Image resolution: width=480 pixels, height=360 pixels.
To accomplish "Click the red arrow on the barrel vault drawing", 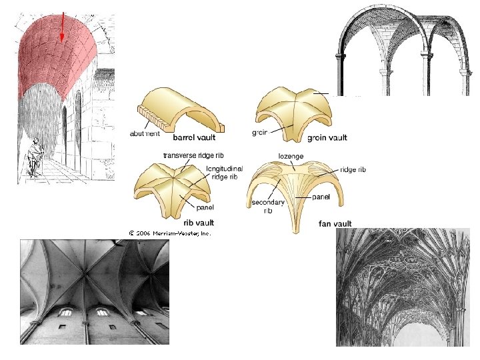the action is tap(61, 27).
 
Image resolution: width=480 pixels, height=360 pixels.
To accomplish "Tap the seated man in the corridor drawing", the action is tap(33, 157).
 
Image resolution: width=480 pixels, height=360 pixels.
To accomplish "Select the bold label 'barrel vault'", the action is tap(195, 139).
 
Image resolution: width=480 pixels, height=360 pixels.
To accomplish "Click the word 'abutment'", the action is tap(145, 133).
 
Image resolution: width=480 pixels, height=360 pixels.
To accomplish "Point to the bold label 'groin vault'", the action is tap(327, 138).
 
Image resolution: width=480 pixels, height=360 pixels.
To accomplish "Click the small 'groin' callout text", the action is tap(261, 132).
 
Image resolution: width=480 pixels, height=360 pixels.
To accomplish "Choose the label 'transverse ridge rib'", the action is tap(193, 155).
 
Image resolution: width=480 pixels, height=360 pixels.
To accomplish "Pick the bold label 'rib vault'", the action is tap(199, 223).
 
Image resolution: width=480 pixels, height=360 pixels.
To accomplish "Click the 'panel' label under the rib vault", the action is tap(205, 207).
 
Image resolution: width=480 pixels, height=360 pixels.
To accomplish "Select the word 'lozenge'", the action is tap(291, 155).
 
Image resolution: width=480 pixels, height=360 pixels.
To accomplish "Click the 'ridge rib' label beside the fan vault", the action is tap(353, 170).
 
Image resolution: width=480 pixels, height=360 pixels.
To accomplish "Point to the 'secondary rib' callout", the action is tap(268, 205).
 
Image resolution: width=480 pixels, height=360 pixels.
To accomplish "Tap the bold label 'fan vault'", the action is tap(335, 223).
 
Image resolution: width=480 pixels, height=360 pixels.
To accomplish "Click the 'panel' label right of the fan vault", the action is tap(322, 197).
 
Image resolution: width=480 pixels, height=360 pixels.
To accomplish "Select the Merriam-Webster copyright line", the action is tap(170, 233).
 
